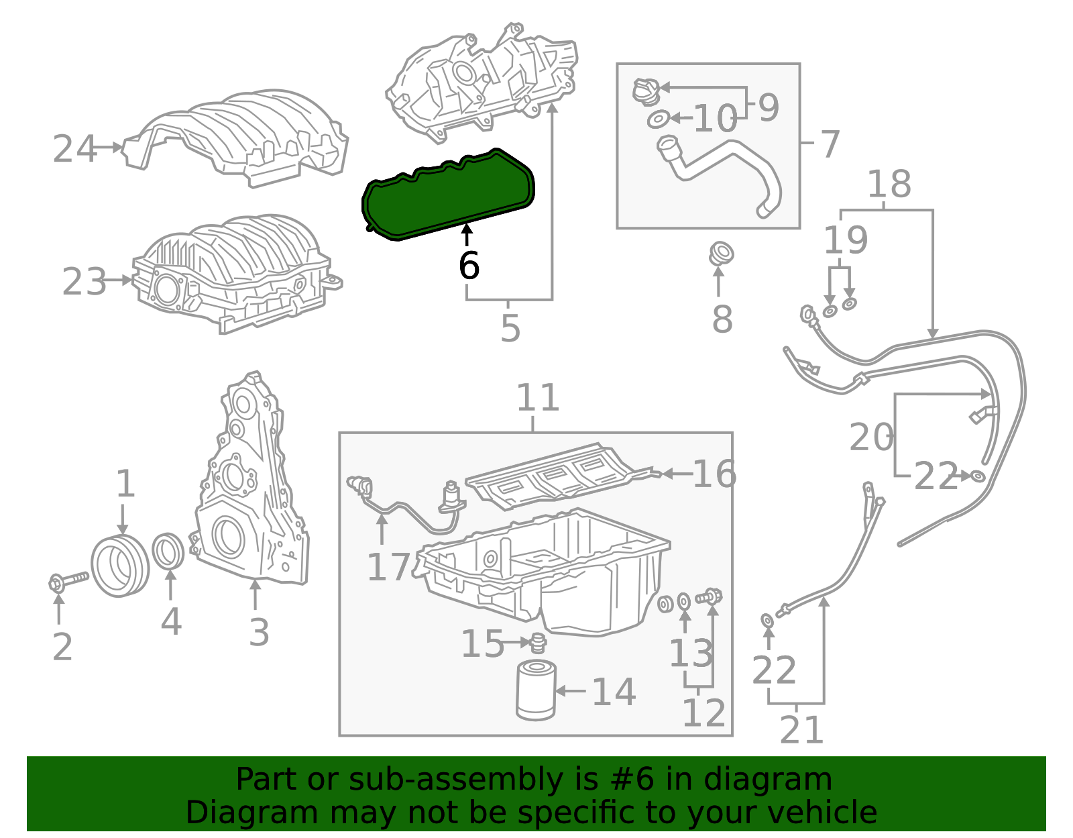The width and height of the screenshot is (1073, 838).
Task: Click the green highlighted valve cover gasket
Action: pos(448,195)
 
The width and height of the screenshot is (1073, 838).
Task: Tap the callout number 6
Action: pos(469,266)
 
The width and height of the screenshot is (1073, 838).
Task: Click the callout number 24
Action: pos(74,149)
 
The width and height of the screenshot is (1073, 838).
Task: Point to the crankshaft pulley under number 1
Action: pos(119,566)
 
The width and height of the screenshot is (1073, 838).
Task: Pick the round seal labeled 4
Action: pos(168,549)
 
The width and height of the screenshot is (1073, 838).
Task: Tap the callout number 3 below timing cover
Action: pos(259,632)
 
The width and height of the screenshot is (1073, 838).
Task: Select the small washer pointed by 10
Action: pos(658,119)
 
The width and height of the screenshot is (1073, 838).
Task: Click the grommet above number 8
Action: pos(721,254)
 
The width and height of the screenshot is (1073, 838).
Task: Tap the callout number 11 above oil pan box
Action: pos(538,398)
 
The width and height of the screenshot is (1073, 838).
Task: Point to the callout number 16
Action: pos(714,474)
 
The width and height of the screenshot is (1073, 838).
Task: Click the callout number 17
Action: pos(388,567)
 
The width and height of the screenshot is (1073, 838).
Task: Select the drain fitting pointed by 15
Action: pos(538,643)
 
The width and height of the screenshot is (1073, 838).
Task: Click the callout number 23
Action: pos(84,282)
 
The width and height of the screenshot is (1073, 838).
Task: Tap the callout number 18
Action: pos(889,184)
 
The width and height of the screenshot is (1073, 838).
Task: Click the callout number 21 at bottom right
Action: pos(801,730)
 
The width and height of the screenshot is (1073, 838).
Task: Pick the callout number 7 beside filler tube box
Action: pos(830,144)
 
